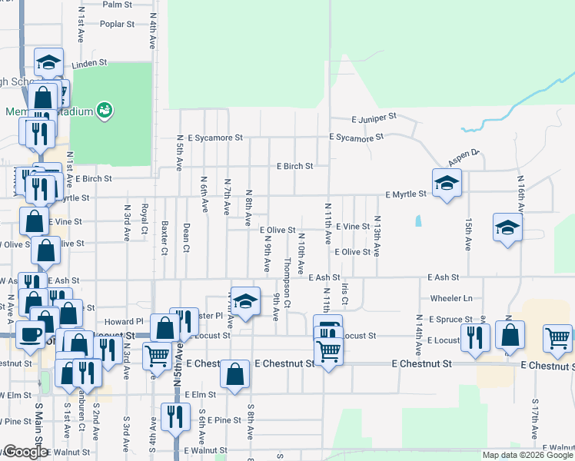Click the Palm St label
coord(118,4)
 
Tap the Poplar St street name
coord(117,24)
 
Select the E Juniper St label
coord(374,118)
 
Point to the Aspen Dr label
coord(464,155)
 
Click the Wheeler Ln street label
coord(451,297)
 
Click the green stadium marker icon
coord(105,111)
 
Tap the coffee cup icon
coord(30,335)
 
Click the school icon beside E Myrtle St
coord(445,183)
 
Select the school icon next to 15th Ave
coord(507,227)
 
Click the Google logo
coord(25,453)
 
